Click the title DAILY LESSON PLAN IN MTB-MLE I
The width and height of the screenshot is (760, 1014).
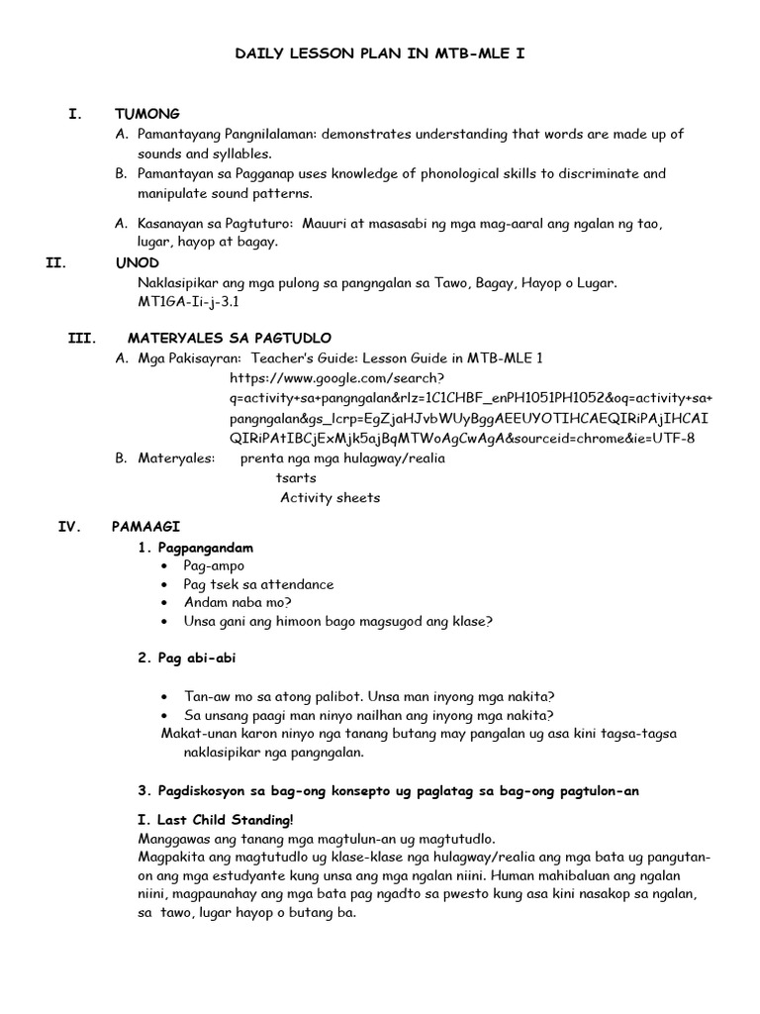click(380, 58)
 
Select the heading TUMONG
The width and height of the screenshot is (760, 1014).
click(147, 114)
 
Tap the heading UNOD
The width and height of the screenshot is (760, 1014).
click(136, 263)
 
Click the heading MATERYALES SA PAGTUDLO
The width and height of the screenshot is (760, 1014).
click(229, 339)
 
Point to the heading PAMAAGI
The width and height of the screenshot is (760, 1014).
click(146, 527)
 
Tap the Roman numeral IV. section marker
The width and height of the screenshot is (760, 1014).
click(74, 527)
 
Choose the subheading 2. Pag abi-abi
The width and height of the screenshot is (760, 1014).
click(187, 658)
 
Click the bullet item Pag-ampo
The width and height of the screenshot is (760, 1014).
click(211, 565)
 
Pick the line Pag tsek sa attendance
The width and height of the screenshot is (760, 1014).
click(258, 584)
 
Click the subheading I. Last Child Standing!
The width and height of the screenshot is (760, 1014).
click(215, 820)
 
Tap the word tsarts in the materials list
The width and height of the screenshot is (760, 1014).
click(296, 477)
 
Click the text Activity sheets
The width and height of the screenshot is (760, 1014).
click(330, 497)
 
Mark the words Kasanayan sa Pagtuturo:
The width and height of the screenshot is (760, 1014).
click(218, 224)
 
